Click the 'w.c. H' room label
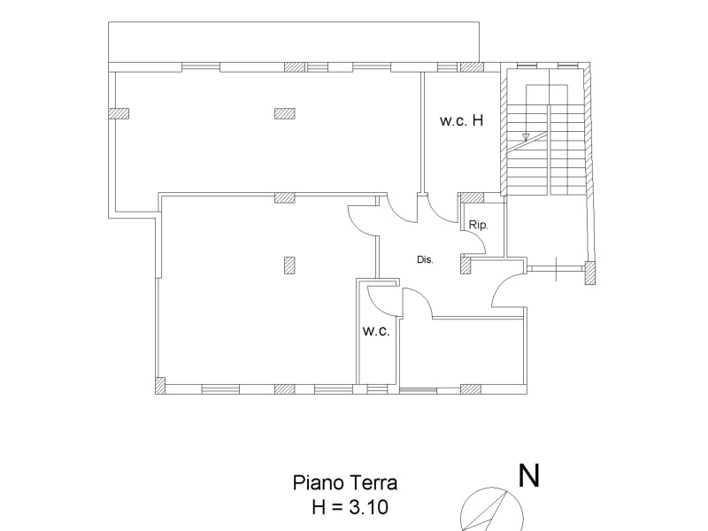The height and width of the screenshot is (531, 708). (x=461, y=122)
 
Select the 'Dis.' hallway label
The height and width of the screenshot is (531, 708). (x=424, y=260)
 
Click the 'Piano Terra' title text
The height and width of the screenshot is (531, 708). (x=345, y=483)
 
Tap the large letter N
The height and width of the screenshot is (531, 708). (x=529, y=477)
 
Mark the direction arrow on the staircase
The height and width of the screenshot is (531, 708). (x=526, y=136)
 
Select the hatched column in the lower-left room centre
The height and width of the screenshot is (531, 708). (x=288, y=263)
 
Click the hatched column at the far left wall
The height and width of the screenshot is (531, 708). (x=119, y=112)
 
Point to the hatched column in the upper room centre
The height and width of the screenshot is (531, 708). (x=284, y=112)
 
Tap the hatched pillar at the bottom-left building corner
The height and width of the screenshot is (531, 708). (x=159, y=384)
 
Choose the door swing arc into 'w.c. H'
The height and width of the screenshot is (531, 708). (x=442, y=209)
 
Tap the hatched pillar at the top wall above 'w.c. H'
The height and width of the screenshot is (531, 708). (x=473, y=67)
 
